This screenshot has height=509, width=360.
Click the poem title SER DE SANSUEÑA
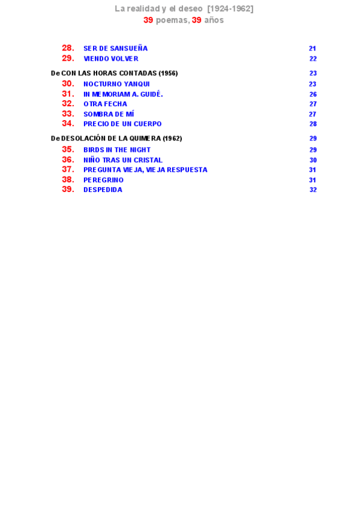pyautogui.click(x=115, y=49)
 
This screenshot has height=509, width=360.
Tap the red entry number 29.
pyautogui.click(x=68, y=58)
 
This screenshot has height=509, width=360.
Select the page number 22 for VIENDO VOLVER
pyautogui.click(x=313, y=59)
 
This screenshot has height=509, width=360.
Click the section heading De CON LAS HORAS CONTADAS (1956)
pyautogui.click(x=114, y=73)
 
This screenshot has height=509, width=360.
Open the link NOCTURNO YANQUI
pyautogui.click(x=116, y=84)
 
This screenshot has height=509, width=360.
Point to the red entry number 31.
pyautogui.click(x=68, y=94)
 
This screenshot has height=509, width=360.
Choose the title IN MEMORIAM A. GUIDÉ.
pyautogui.click(x=123, y=94)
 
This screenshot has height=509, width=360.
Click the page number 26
pyautogui.click(x=313, y=94)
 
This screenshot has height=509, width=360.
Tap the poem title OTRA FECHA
pyautogui.click(x=105, y=104)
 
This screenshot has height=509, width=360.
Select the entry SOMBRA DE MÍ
pyautogui.click(x=109, y=114)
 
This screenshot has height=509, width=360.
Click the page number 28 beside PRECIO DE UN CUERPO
pyautogui.click(x=313, y=124)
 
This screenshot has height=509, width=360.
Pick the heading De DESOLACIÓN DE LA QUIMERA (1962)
pyautogui.click(x=116, y=138)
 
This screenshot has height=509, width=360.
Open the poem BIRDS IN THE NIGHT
pyautogui.click(x=117, y=150)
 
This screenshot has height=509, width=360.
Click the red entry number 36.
pyautogui.click(x=68, y=160)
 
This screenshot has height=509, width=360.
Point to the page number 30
pyautogui.click(x=313, y=160)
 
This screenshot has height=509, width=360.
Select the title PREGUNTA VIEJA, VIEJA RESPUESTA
pyautogui.click(x=145, y=170)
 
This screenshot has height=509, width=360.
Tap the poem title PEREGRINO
pyautogui.click(x=103, y=180)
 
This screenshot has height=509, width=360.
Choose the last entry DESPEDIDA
pyautogui.click(x=103, y=190)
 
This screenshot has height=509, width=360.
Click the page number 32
pyautogui.click(x=313, y=190)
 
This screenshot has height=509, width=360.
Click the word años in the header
pyautogui.click(x=214, y=20)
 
